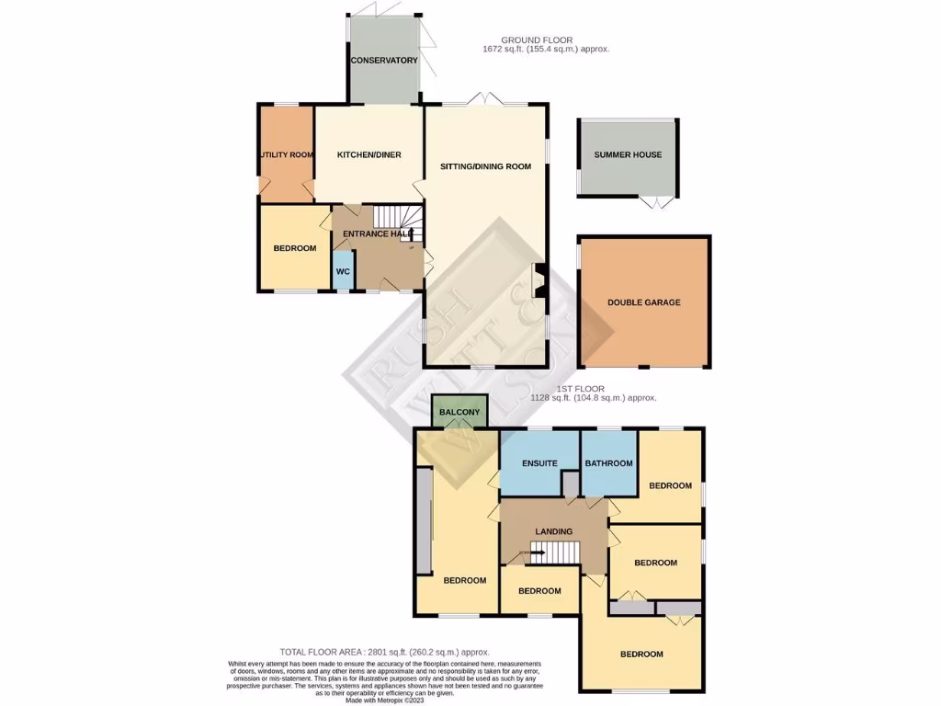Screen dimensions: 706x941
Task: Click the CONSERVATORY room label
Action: (383, 61)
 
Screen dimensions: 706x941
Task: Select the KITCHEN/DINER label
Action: (368, 155)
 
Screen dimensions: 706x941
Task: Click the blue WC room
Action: (341, 272)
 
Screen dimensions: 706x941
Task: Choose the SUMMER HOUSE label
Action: (628, 155)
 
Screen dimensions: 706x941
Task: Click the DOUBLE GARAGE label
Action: (644, 302)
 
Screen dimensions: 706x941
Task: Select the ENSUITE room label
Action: (539, 463)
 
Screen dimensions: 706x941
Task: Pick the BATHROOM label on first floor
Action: (609, 463)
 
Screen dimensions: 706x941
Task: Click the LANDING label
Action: (553, 531)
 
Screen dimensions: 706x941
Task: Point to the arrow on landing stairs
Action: (525, 552)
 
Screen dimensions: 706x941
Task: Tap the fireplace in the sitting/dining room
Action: (539, 281)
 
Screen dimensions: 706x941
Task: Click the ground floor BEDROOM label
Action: (294, 248)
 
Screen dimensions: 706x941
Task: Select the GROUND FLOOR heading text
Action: (537, 40)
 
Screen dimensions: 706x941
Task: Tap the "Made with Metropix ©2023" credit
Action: (384, 699)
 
